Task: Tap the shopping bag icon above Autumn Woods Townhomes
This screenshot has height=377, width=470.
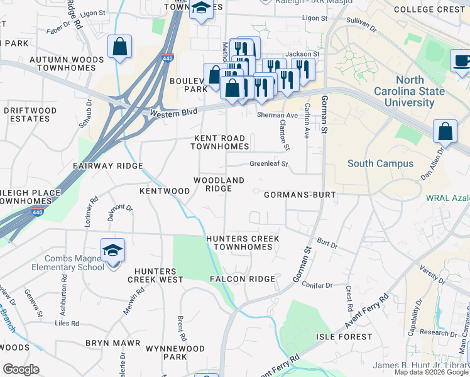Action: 119,46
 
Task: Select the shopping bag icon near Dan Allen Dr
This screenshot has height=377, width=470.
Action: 445,131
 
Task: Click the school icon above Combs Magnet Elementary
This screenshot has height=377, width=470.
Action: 113,251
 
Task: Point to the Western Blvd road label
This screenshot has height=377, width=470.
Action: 173,112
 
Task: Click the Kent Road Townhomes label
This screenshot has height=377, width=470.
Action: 220,142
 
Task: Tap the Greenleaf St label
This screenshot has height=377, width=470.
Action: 268,164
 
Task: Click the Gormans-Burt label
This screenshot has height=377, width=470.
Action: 300,195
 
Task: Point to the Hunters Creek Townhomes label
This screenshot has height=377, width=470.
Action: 243,243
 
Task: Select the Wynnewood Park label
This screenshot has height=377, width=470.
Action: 167,352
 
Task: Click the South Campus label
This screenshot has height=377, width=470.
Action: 381,163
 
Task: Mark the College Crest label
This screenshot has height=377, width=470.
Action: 429,9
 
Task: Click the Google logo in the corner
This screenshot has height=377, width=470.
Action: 21,369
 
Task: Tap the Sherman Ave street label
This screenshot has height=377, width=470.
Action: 277,116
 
